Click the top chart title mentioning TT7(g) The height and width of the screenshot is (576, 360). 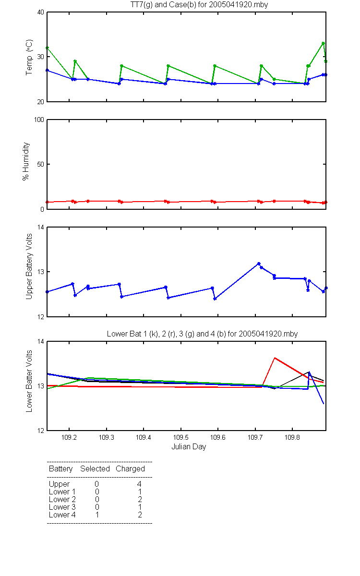pos(199,5)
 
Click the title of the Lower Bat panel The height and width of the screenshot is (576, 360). pos(202,334)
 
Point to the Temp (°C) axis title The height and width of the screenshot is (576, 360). pos(29,57)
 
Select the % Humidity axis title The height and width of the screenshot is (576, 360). pos(26,161)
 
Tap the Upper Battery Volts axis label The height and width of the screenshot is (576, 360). pos(29,266)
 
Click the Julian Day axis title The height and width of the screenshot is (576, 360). pos(189,447)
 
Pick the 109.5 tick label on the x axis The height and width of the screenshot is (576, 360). pos(181,437)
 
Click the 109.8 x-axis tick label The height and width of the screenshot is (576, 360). pos(292,437)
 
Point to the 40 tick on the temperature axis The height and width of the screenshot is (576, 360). pos(41,12)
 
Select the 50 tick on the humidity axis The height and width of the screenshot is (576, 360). pos(41,164)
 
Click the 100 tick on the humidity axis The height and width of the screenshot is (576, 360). pos(39,120)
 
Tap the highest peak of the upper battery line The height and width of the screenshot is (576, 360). pos(259,264)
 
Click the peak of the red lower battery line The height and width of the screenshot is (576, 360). pos(275,358)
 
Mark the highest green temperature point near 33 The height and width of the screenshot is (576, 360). pos(323,43)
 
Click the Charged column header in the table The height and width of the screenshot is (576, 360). pos(131,469)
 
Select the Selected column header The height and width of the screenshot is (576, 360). pos(95,469)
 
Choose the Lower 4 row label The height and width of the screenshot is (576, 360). pos(62,515)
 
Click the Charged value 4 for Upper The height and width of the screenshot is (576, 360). pos(139,484)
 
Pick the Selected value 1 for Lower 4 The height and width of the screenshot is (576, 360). pos(97,515)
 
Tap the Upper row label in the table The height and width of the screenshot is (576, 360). pos(59,484)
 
